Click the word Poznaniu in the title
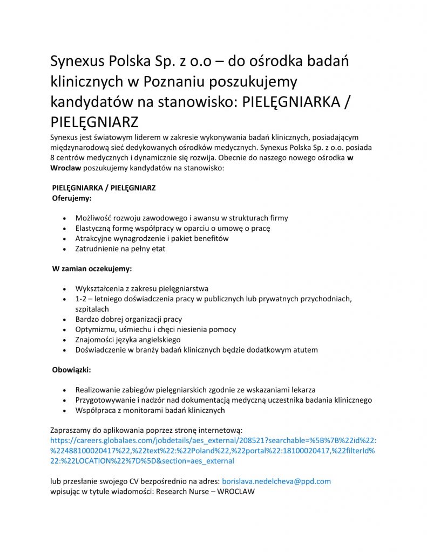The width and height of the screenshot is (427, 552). (x=175, y=81)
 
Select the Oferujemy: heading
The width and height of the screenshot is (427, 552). (x=72, y=198)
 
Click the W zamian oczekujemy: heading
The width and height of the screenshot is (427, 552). (x=92, y=268)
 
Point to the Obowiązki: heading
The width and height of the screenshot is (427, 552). (x=71, y=371)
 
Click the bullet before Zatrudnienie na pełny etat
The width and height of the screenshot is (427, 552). (x=65, y=249)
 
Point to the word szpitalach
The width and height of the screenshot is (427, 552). (x=92, y=309)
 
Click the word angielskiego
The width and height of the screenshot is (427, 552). (x=153, y=340)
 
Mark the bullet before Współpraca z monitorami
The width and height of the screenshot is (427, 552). (x=65, y=410)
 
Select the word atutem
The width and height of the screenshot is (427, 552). (x=303, y=350)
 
